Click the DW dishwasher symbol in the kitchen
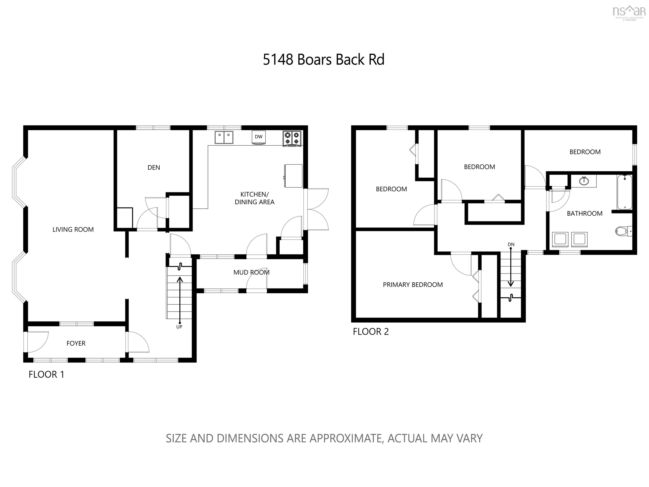click(x=258, y=137)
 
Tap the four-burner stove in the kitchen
click(x=292, y=138)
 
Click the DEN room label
click(x=154, y=168)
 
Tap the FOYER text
click(x=76, y=343)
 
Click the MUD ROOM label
click(x=251, y=272)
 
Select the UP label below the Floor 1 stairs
click(x=179, y=327)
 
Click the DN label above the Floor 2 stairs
click(x=511, y=244)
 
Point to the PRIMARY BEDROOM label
click(x=413, y=285)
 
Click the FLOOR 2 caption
click(x=371, y=331)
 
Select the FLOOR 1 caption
click(x=46, y=374)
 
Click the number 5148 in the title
click(x=278, y=60)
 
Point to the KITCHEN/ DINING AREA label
click(x=254, y=198)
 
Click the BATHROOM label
click(x=585, y=213)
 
